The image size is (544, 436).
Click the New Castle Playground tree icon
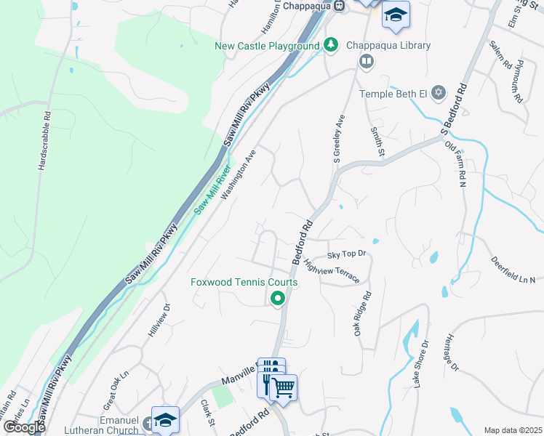(331, 45)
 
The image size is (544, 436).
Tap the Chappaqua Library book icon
(366, 61)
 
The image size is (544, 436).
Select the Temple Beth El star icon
(438, 93)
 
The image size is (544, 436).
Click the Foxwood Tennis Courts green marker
(277, 298)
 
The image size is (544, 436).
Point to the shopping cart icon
(284, 387)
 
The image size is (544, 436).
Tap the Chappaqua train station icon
(340, 6)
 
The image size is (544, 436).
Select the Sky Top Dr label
(345, 254)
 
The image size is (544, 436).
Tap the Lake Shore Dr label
(421, 363)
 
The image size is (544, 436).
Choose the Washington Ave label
(239, 175)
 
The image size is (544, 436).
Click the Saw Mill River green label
(212, 190)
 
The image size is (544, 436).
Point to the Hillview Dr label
(159, 320)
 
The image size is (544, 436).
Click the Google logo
(24, 427)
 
